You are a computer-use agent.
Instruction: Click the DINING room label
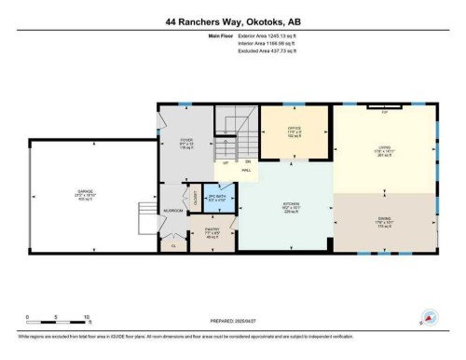tap(383, 221)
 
